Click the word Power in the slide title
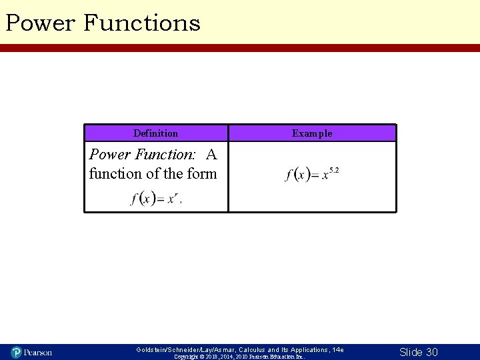40,23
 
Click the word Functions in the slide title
141,23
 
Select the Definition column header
155,133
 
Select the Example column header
312,133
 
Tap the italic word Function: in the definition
164,155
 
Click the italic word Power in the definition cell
110,155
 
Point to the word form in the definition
202,174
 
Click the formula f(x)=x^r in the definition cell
155,198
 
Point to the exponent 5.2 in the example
334,171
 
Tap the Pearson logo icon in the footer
17,351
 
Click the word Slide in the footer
411,352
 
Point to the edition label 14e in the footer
338,349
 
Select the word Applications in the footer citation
306,349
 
